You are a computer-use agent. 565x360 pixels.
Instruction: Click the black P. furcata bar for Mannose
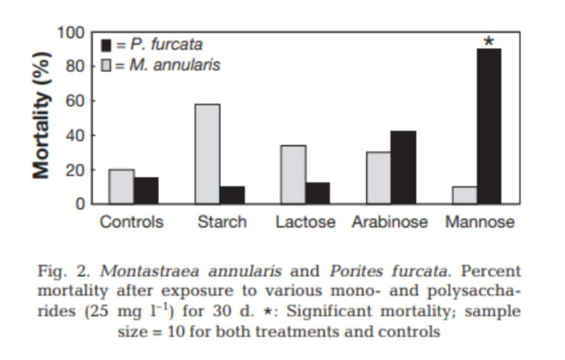point(489,126)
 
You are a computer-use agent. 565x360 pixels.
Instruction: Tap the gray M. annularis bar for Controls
point(121,187)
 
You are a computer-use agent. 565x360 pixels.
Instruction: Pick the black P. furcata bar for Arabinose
point(403,168)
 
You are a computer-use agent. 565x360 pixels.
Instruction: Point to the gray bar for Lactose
point(293,175)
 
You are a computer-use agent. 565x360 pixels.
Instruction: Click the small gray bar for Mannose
point(465,196)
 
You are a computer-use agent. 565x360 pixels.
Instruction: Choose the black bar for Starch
point(232,195)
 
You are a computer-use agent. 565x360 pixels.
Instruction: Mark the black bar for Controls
point(146,190)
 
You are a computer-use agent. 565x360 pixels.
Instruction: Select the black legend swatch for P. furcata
point(107,45)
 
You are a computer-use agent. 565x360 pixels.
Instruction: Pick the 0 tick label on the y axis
point(81,204)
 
